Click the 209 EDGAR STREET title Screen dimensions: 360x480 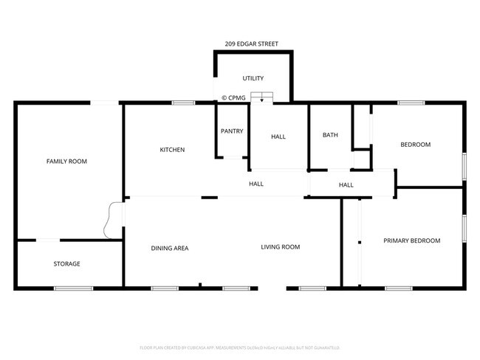click(x=253, y=44)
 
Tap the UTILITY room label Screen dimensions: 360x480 click(x=253, y=78)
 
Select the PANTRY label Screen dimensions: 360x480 click(x=232, y=131)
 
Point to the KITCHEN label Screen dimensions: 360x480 click(x=172, y=150)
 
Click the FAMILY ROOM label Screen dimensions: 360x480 click(x=66, y=161)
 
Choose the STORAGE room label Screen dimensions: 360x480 click(x=66, y=263)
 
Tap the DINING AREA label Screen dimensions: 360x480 click(x=170, y=248)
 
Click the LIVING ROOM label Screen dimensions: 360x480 click(x=280, y=247)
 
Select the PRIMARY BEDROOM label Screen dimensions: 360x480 click(x=411, y=240)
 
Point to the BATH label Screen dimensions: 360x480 click(x=330, y=135)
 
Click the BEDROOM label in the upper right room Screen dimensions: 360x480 click(x=415, y=145)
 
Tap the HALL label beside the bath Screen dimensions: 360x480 click(x=278, y=136)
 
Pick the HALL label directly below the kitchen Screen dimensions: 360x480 click(x=256, y=184)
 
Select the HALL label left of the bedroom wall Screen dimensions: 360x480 click(x=346, y=185)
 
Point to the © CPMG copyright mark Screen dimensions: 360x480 click(x=234, y=97)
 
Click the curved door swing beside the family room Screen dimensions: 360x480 click(x=114, y=220)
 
